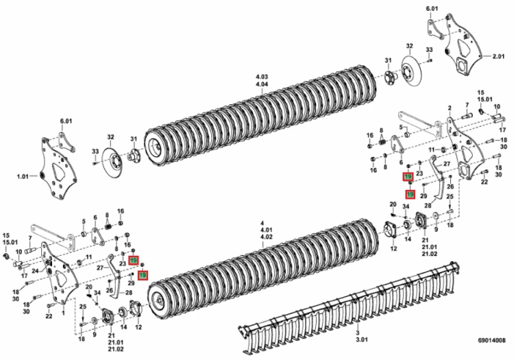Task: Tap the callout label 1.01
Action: click(x=24, y=176)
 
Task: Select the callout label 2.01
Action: click(x=497, y=60)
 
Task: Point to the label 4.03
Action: click(x=262, y=75)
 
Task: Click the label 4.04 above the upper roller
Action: click(x=262, y=84)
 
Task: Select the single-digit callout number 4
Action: click(x=262, y=222)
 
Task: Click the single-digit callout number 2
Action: click(x=450, y=108)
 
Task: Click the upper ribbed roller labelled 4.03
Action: click(x=267, y=127)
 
